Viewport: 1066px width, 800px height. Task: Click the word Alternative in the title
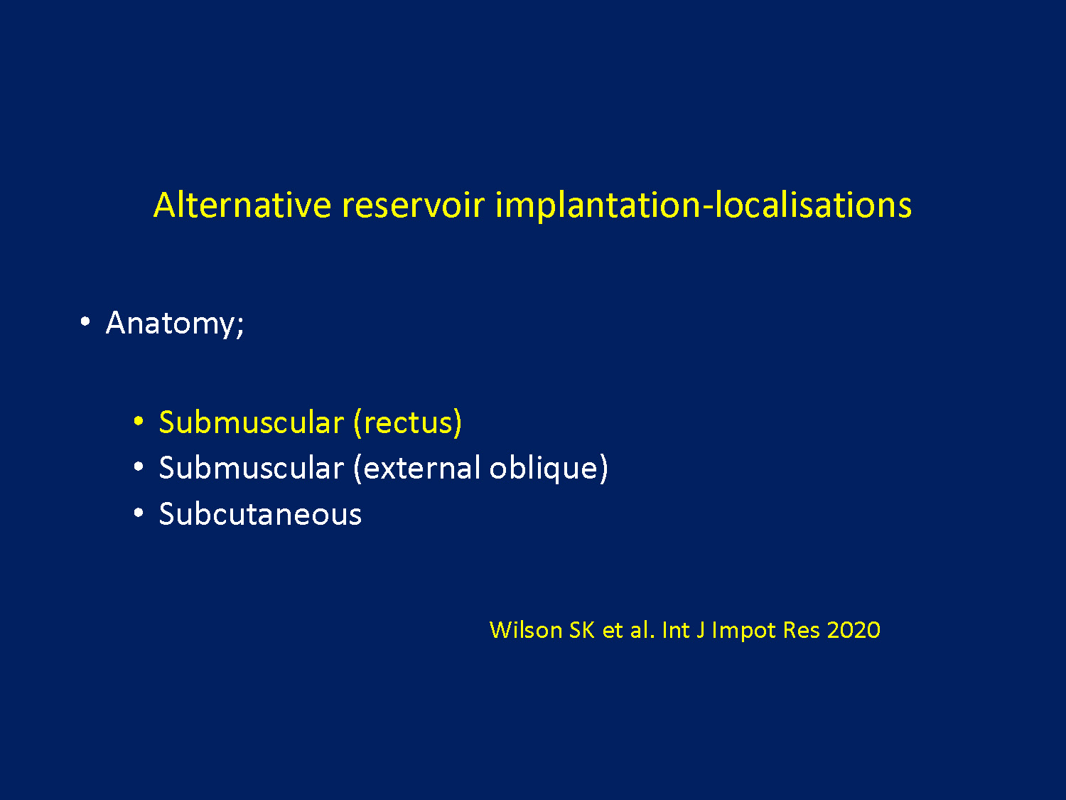(242, 205)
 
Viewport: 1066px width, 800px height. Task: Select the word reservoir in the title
(414, 205)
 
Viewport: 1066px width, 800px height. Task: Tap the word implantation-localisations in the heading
(704, 205)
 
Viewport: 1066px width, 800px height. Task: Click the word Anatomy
(175, 323)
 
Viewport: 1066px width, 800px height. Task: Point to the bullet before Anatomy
(85, 321)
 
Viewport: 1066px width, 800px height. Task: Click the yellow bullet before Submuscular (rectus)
(139, 421)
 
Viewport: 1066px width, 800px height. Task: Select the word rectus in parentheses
(408, 422)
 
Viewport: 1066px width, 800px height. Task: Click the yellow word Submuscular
(252, 422)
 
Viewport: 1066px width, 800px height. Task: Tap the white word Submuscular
(252, 467)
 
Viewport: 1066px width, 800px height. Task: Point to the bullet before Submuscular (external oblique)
(139, 466)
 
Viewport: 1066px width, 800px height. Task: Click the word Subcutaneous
(260, 513)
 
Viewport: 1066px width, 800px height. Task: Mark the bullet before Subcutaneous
(139, 512)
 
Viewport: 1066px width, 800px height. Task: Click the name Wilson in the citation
(525, 630)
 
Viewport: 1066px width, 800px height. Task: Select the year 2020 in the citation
(854, 630)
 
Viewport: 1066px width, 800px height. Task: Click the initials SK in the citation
(582, 630)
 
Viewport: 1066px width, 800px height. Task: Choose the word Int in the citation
(676, 630)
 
